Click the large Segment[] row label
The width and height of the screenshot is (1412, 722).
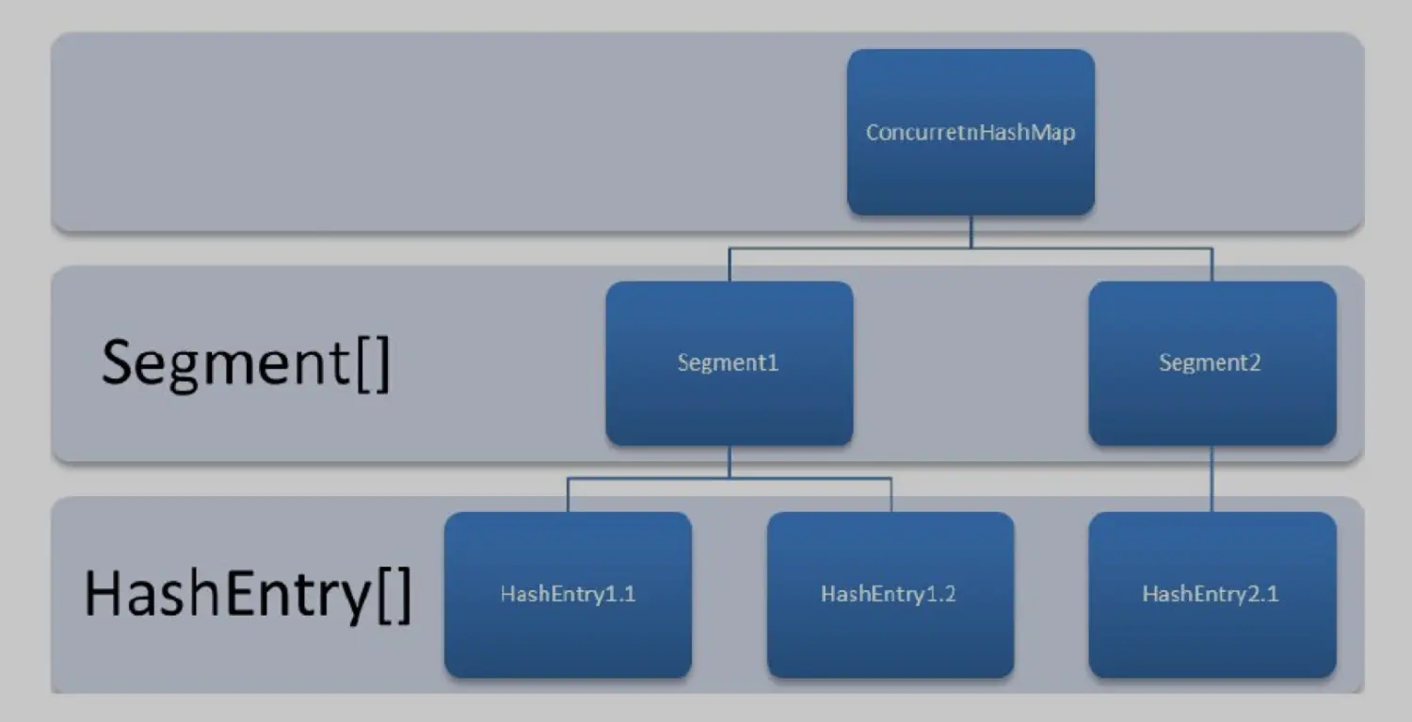[x=245, y=362]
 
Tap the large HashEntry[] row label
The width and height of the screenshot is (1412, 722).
[x=248, y=594]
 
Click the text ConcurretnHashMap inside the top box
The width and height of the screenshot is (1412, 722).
[x=971, y=132]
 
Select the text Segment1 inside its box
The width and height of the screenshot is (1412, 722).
[x=729, y=362]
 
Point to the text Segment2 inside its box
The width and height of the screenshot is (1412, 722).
[x=1210, y=362]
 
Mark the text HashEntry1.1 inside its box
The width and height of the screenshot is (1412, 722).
[x=568, y=594]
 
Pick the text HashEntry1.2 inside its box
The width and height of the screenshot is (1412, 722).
[x=889, y=594]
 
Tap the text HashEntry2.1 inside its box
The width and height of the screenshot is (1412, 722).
[x=1211, y=594]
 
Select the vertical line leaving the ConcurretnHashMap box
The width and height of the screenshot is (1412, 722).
[x=971, y=232]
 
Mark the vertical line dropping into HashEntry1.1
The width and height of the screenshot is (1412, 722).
[x=568, y=495]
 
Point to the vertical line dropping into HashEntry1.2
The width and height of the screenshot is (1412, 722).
[x=891, y=495]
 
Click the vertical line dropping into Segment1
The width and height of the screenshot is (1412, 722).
[x=730, y=265]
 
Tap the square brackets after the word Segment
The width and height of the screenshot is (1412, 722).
[x=373, y=364]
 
